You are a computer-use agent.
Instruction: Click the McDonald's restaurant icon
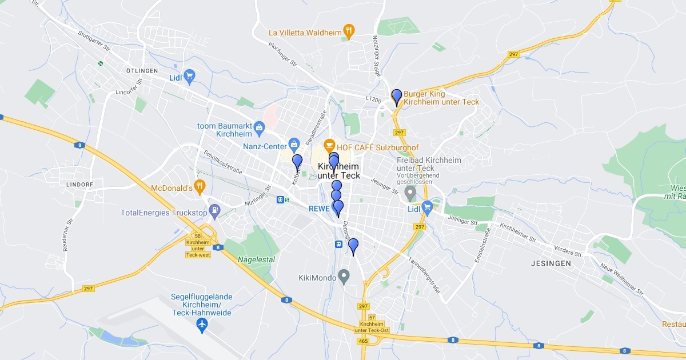pos(199,186)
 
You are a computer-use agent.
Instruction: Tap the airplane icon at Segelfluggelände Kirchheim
pos(201,325)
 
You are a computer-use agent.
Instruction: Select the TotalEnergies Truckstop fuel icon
pos(214,210)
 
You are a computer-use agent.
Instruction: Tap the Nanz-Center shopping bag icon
pos(294,143)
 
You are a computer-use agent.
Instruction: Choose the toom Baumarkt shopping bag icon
pos(260,126)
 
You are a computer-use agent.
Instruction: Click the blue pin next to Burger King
pos(396,97)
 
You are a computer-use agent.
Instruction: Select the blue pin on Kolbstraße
pos(297,162)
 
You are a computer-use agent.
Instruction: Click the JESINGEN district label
pos(551,263)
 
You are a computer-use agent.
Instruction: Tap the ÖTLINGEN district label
pos(126,70)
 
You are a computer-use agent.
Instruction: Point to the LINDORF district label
pos(79,185)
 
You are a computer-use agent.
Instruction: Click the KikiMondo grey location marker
pos(344,277)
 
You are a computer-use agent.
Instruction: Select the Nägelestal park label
pos(256,259)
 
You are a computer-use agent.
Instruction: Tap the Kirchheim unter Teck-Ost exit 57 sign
pos(372,323)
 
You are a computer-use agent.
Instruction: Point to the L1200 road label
pos(373,99)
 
